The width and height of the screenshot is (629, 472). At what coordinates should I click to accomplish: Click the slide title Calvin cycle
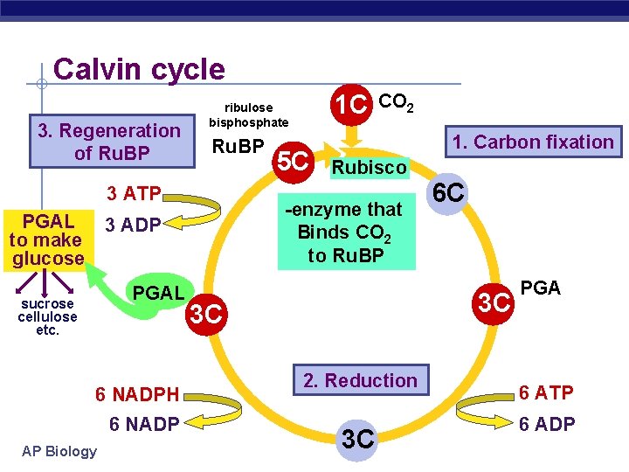coord(139,69)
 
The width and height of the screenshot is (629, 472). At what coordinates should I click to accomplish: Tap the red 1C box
coord(352,104)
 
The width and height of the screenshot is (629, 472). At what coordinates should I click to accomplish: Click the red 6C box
coord(448,193)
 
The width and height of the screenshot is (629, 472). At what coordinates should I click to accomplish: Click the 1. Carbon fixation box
coord(532,142)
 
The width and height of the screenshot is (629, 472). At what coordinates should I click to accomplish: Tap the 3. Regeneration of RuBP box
coord(108,142)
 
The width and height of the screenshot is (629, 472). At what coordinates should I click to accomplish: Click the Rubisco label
coord(369,167)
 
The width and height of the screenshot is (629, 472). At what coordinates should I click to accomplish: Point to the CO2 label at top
coord(397,103)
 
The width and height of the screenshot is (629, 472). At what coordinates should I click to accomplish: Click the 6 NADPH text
coord(137,395)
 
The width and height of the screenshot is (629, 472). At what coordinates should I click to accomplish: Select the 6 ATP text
coord(546,393)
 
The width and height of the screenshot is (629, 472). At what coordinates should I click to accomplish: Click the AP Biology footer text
coord(60,451)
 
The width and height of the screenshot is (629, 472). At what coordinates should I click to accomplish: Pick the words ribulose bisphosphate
coord(249,115)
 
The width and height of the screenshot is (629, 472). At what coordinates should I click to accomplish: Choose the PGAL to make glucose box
coord(47,238)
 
